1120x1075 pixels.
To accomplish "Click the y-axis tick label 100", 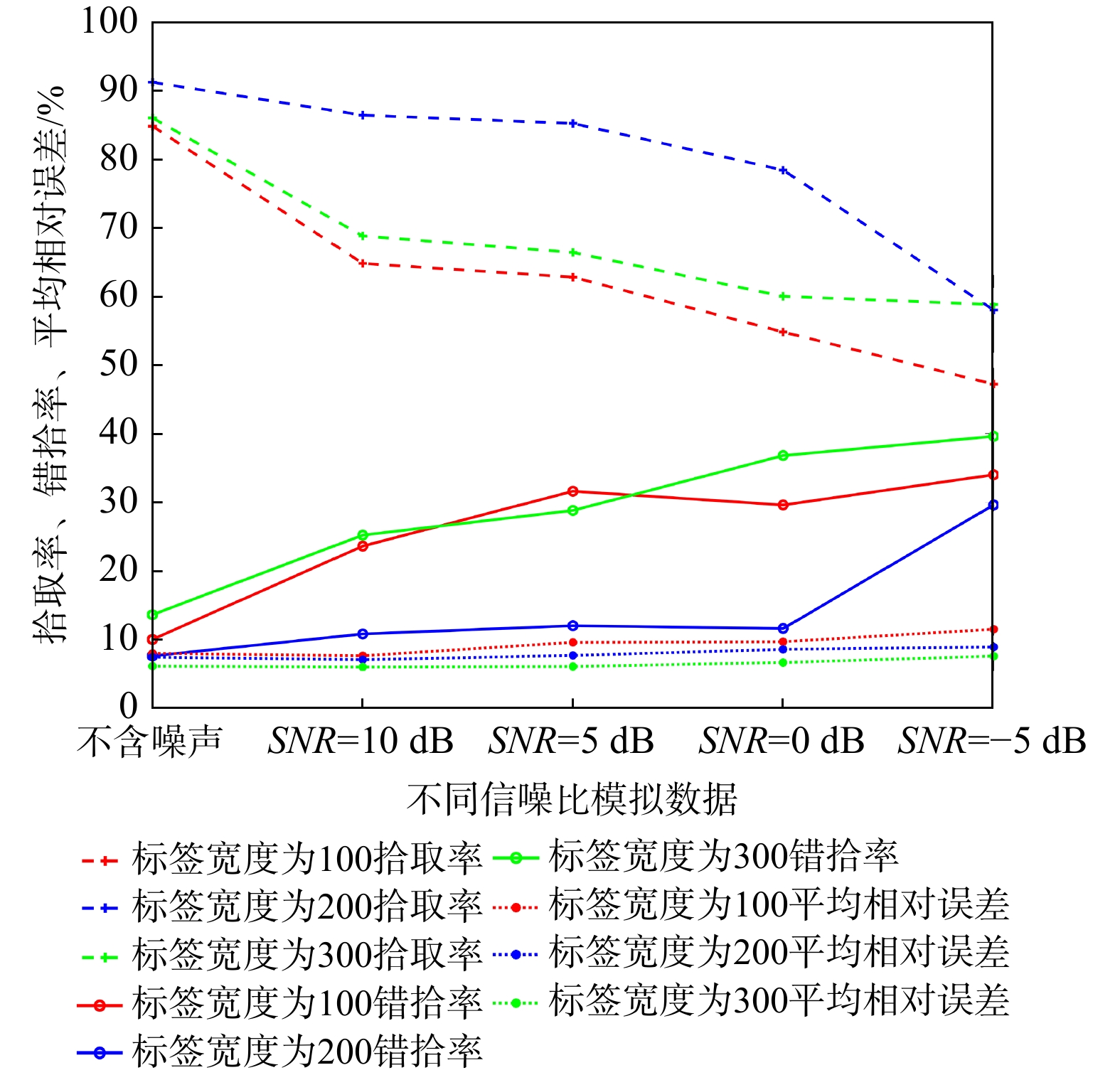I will [109, 21].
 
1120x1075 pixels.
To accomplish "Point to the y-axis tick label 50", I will [119, 365].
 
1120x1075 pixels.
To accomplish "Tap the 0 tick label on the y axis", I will [129, 707].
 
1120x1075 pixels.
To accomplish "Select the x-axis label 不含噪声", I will [150, 742].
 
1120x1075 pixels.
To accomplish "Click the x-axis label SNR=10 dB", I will [361, 742].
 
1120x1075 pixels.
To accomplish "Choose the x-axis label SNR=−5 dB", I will [992, 742].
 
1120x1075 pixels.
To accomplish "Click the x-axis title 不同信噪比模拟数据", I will [572, 799].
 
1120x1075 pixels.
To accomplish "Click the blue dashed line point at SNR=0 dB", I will [783, 171].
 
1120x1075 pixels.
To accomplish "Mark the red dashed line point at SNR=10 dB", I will [362, 263].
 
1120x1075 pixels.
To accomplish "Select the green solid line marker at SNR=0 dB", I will [783, 456].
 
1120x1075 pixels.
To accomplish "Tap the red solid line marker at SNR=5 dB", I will [572, 491].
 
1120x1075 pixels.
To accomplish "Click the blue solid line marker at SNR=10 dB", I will [362, 634].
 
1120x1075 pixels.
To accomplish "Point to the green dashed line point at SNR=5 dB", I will [572, 252].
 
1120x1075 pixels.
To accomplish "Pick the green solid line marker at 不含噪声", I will [152, 615].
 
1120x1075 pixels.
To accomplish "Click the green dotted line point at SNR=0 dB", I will [783, 663].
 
